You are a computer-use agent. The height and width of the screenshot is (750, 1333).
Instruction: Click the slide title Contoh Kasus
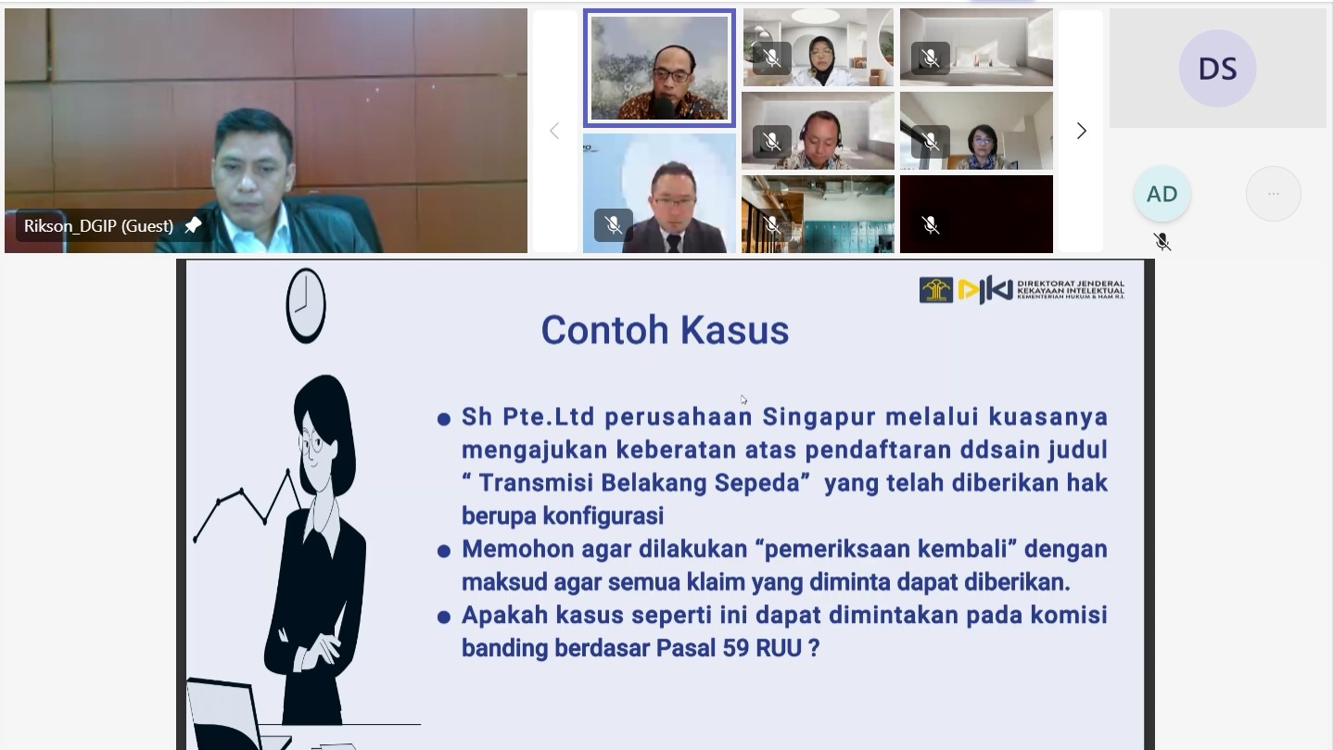[x=665, y=330]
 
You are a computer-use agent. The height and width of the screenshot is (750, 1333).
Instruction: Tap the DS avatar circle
[x=1217, y=69]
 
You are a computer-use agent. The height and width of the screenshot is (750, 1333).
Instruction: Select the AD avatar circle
[x=1162, y=194]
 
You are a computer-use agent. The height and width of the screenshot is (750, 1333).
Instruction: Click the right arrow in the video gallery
[x=1081, y=131]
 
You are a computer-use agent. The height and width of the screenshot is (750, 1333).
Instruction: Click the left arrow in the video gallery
[x=554, y=131]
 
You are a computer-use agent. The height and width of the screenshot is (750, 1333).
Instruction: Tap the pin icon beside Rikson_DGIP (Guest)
[x=193, y=225]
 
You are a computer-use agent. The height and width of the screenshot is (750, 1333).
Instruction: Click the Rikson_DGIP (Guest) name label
[x=99, y=226]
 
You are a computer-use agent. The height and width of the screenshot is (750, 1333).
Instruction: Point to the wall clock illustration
[x=306, y=305]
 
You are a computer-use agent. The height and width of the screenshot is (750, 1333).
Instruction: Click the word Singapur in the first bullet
[x=819, y=416]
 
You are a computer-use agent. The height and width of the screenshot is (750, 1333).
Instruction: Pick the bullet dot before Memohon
[x=443, y=552]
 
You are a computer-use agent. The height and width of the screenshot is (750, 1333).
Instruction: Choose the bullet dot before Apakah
[x=443, y=617]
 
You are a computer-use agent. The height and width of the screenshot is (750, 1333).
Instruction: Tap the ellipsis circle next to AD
[x=1274, y=194]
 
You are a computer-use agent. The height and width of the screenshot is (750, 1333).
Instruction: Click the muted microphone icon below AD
[x=1162, y=242]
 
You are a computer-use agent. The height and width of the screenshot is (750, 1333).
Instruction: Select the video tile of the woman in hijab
[x=818, y=47]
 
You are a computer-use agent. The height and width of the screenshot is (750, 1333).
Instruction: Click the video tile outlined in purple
[x=659, y=68]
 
